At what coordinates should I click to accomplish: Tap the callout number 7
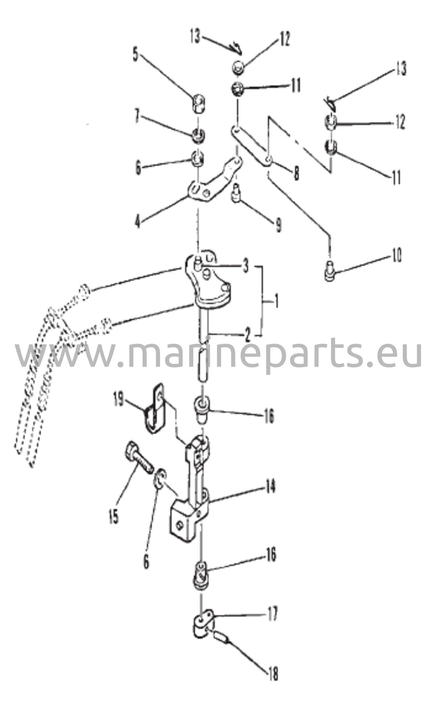(x=137, y=118)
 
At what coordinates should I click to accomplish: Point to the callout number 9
(x=278, y=226)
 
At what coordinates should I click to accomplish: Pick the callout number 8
(x=297, y=173)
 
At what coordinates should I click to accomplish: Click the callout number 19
(x=118, y=399)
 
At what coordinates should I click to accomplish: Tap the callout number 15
(x=113, y=516)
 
